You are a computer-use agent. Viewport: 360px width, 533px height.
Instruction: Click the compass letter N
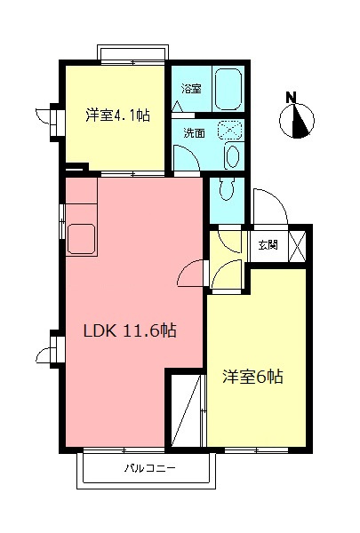coord(292,98)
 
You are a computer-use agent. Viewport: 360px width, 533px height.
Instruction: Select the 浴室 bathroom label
coord(190,89)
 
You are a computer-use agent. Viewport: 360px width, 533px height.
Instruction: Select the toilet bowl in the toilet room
coord(227,190)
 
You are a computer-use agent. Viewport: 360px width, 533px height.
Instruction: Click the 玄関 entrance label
coord(268,245)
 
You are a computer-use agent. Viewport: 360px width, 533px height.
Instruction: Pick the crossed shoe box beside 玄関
coord(297,245)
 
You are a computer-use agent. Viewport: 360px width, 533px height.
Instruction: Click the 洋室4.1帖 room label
coord(116,115)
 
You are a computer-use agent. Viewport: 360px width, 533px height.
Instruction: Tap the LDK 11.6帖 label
coord(130,331)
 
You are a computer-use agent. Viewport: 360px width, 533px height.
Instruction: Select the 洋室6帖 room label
coord(252,376)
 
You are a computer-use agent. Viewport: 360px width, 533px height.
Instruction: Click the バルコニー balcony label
coord(149,467)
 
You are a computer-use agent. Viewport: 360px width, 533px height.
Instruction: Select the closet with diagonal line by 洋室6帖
coord(188,410)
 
